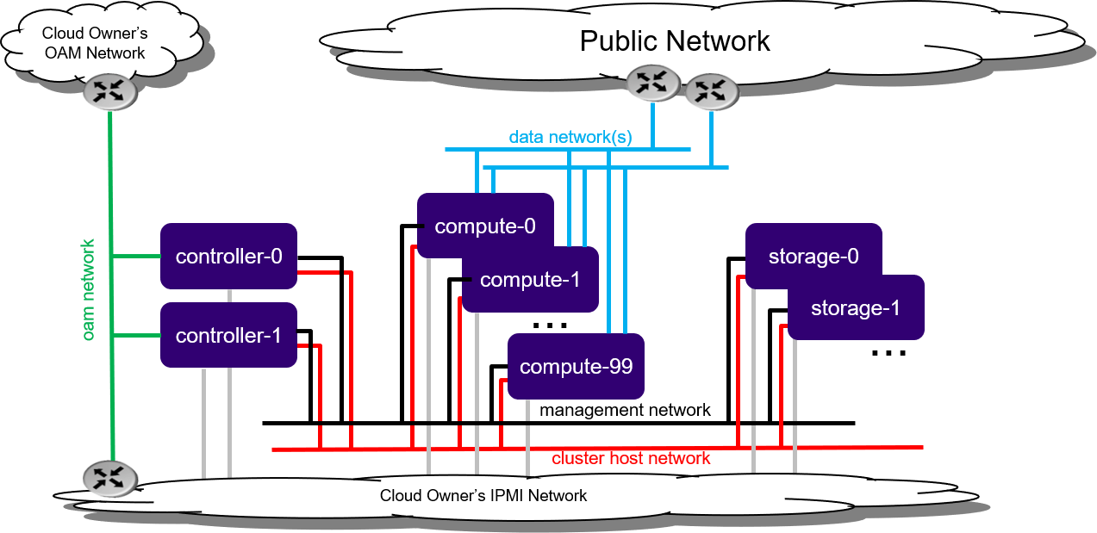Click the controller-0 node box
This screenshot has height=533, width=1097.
pyautogui.click(x=228, y=257)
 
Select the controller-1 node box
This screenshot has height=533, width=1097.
pyautogui.click(x=228, y=335)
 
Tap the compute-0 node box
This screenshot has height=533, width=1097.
pyautogui.click(x=485, y=226)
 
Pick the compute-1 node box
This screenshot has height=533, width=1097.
pyautogui.click(x=530, y=280)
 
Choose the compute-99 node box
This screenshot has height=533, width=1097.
pyautogui.click(x=576, y=367)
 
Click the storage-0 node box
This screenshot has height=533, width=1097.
pyautogui.click(x=813, y=257)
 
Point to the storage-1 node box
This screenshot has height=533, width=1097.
pyautogui.click(x=856, y=307)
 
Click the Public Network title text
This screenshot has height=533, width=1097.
pyautogui.click(x=675, y=40)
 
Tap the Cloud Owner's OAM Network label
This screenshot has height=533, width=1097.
pyautogui.click(x=96, y=43)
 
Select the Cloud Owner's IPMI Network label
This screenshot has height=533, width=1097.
pyautogui.click(x=483, y=496)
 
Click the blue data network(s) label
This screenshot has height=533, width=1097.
pyautogui.click(x=570, y=137)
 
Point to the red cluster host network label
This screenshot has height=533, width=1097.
pyautogui.click(x=632, y=458)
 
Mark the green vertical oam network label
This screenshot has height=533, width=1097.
pyautogui.click(x=89, y=289)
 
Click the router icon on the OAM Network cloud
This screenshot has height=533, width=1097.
pyautogui.click(x=110, y=91)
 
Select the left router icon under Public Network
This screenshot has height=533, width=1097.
pyautogui.click(x=652, y=83)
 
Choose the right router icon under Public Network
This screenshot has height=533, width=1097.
pyautogui.click(x=711, y=90)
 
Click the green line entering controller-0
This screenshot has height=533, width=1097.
pyautogui.click(x=137, y=256)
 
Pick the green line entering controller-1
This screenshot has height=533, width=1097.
pyautogui.click(x=137, y=335)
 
